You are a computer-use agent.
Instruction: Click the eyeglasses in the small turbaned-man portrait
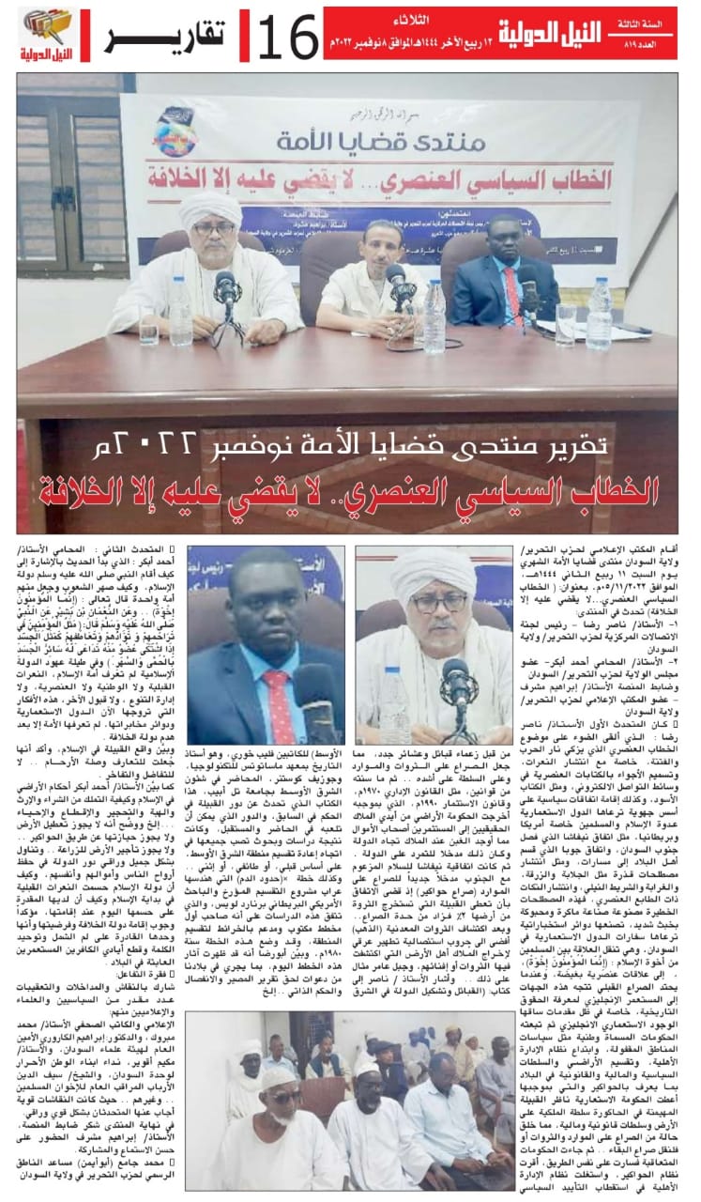tap(439, 601)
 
